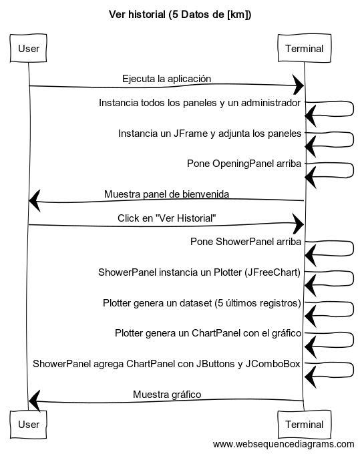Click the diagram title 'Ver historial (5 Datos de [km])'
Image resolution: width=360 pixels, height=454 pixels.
click(180, 14)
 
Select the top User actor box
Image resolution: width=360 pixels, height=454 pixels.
click(28, 48)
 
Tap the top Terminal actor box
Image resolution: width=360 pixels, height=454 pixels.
click(304, 48)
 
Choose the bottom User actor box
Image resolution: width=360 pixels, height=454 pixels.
click(28, 424)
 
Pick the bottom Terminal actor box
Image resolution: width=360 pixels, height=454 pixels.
click(304, 424)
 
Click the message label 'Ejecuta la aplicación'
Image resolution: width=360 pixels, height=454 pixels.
click(166, 79)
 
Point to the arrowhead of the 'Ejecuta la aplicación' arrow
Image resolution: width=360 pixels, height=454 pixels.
click(299, 85)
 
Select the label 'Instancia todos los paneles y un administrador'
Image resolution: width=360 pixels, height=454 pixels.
click(200, 103)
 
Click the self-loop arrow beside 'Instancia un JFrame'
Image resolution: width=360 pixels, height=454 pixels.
click(353, 140)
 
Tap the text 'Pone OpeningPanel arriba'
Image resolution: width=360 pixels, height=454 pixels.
click(244, 164)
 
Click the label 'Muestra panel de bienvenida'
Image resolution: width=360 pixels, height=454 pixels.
click(166, 194)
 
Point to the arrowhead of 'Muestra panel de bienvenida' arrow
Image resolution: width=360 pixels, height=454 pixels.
click(35, 201)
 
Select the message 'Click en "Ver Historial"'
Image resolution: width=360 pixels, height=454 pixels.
click(166, 218)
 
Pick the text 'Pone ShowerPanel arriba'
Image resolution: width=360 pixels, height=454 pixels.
click(246, 242)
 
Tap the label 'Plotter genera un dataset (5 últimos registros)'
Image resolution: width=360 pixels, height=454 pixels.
click(202, 303)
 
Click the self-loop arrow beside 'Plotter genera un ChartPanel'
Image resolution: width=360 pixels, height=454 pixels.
click(353, 339)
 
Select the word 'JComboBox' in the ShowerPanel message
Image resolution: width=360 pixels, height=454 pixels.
click(273, 364)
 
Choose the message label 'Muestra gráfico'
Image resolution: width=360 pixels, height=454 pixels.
click(167, 395)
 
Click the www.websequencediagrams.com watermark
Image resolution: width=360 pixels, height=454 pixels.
click(284, 444)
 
